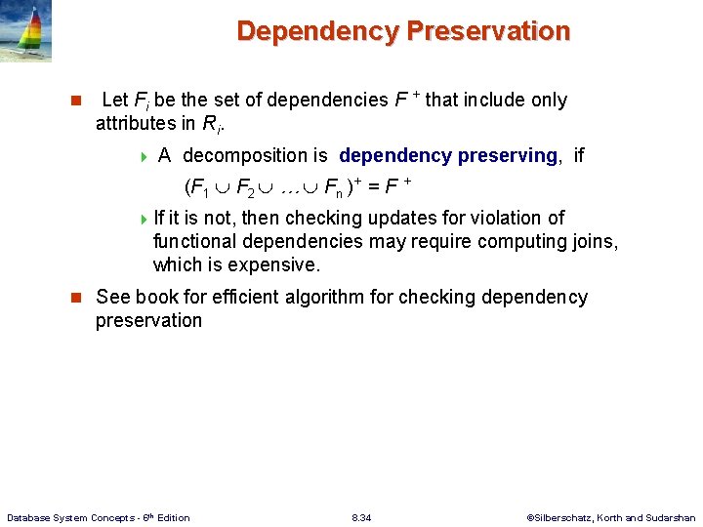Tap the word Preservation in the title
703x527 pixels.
click(x=488, y=31)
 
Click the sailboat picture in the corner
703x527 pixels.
click(x=25, y=31)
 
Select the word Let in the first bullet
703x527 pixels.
click(x=114, y=100)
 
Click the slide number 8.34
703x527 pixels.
click(x=362, y=517)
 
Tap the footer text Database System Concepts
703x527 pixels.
click(x=98, y=517)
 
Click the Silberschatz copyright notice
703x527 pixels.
click(x=611, y=517)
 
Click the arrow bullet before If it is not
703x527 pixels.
click(x=145, y=219)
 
